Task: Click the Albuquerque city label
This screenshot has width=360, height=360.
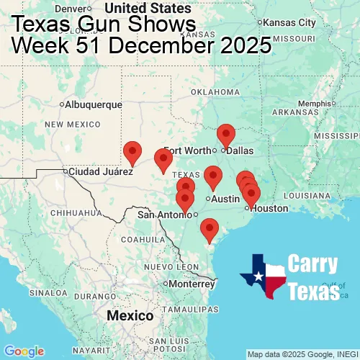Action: [94, 104]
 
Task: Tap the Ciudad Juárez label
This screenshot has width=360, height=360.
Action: [101, 172]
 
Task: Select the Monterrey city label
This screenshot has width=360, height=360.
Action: [192, 284]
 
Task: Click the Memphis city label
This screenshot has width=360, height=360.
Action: [317, 103]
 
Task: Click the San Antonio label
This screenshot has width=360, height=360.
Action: [165, 215]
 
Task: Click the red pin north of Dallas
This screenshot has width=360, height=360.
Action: [226, 135]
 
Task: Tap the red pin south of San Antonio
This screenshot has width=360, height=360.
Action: [209, 229]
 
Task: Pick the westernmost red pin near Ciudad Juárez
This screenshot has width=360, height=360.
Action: [132, 152]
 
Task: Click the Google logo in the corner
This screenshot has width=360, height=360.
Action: [24, 351]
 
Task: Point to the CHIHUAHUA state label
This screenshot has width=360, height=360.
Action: [71, 213]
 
